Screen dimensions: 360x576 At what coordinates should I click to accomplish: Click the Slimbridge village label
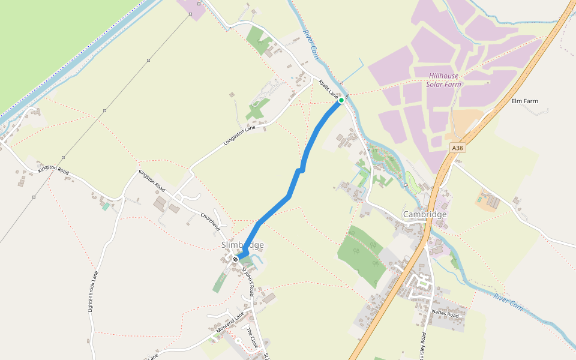click(242, 245)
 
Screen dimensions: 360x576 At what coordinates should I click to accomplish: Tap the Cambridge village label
click(425, 214)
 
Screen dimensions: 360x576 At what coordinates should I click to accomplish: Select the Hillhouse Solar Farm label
click(444, 80)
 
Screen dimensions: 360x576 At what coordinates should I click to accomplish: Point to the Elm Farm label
click(525, 101)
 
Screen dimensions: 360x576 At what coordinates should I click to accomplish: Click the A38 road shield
click(457, 148)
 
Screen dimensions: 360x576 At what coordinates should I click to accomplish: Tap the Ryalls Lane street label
click(329, 89)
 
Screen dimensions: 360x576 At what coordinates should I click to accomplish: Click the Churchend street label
click(211, 220)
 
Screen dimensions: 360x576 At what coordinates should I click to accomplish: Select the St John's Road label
click(247, 281)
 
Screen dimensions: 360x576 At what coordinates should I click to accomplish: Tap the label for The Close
click(251, 338)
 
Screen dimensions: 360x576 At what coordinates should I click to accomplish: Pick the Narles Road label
click(445, 314)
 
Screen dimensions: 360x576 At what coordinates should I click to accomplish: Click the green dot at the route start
click(341, 101)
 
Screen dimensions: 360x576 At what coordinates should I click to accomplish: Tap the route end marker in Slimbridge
click(236, 259)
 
